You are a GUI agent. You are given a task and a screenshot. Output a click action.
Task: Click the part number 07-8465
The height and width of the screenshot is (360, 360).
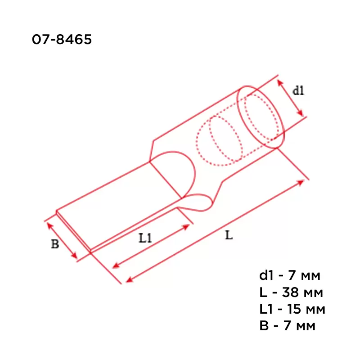click(62, 39)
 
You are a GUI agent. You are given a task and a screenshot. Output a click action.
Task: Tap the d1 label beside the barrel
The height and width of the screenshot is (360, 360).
click(298, 90)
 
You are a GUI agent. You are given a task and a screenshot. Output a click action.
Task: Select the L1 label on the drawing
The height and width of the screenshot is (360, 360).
click(145, 238)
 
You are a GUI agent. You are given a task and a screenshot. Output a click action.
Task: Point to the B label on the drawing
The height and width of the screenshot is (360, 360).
click(55, 244)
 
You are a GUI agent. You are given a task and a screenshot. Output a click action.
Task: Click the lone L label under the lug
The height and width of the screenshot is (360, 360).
click(229, 235)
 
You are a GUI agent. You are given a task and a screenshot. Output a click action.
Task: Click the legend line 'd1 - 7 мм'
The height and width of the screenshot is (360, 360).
click(290, 275)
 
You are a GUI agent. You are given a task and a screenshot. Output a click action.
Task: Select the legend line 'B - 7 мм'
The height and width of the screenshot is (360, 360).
click(288, 326)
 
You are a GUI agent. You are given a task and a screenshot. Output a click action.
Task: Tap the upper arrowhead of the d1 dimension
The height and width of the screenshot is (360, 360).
click(280, 83)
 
